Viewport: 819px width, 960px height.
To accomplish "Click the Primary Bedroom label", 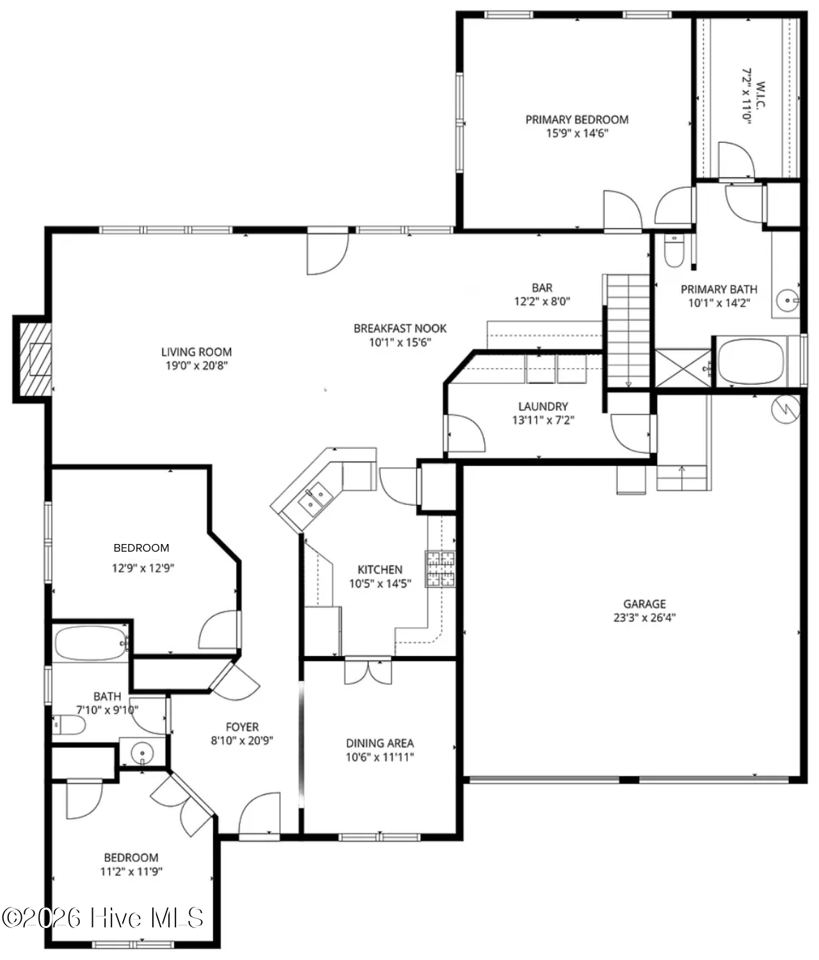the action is [577, 120].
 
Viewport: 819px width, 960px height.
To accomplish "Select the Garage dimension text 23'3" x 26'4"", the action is [644, 617].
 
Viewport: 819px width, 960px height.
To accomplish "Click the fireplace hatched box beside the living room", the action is [35, 360].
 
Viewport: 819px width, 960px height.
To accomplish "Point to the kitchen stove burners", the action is [440, 568].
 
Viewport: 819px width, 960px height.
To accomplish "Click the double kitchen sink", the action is [315, 499].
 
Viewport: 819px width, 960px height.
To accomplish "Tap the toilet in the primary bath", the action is [674, 251].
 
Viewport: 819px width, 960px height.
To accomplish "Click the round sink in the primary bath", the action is [788, 301].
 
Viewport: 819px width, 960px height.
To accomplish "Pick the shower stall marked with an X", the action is [683, 368].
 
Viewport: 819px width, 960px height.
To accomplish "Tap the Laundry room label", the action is [543, 406].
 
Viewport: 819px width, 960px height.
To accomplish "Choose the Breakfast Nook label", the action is [400, 328].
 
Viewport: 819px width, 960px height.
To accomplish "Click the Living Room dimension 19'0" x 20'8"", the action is [197, 365].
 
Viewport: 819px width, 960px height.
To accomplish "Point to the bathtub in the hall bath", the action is [90, 644].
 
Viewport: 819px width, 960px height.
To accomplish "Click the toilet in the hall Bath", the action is [69, 725].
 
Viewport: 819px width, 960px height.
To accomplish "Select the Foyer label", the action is [242, 727].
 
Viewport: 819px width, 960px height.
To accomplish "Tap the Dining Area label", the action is [380, 743].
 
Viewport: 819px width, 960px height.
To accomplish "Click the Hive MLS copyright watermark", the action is [103, 918].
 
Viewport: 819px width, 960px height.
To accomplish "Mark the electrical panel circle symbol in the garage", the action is [786, 409].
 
